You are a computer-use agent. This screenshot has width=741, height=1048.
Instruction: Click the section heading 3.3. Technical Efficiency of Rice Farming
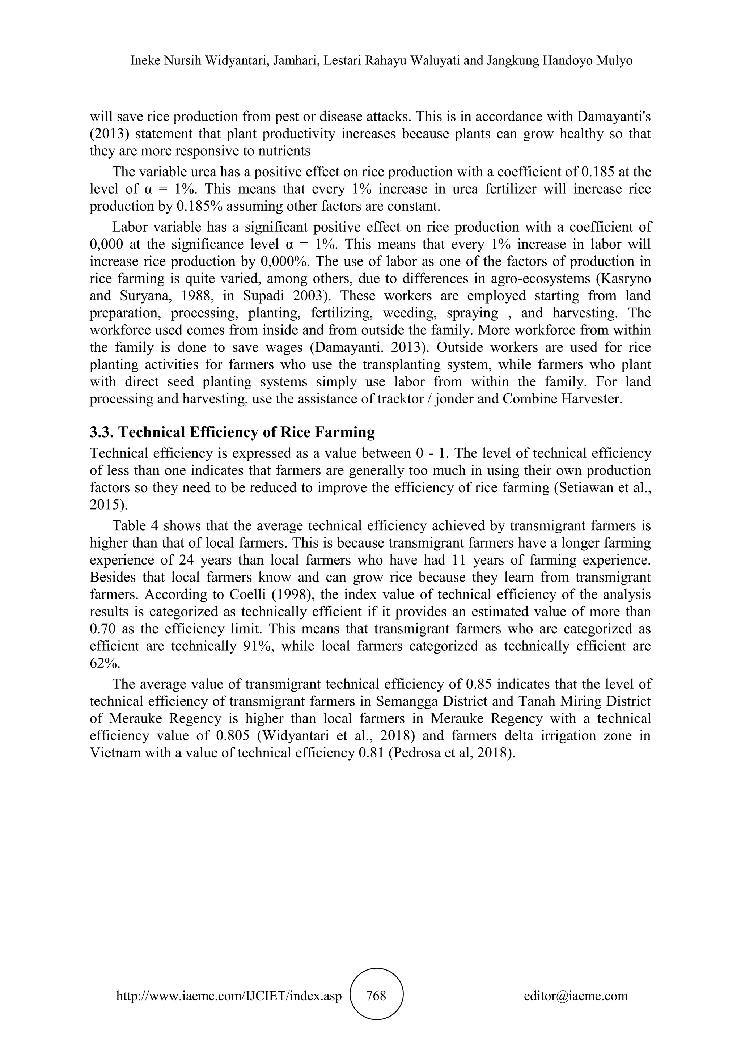tap(232, 432)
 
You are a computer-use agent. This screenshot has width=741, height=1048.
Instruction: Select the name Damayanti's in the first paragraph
tap(614, 117)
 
